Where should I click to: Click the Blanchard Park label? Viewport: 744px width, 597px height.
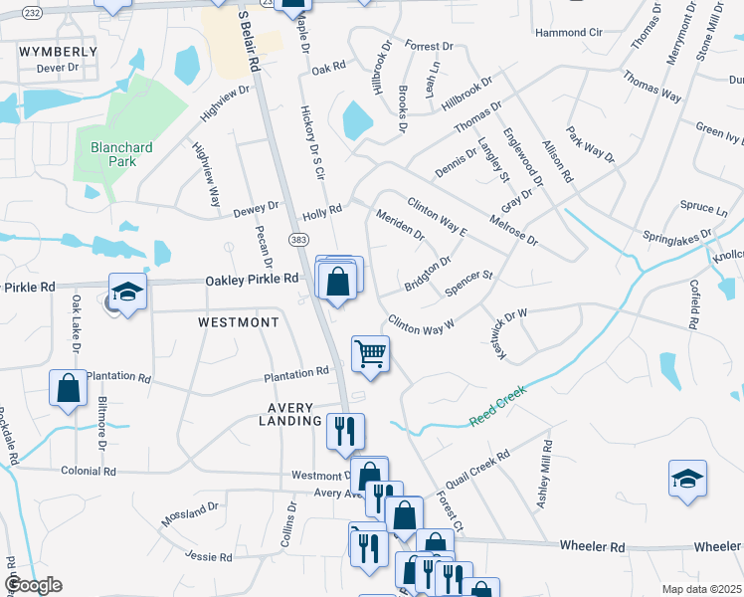pos(121,155)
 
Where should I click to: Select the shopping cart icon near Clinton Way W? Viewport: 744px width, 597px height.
pos(370,354)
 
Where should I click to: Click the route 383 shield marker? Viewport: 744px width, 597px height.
pos(298,239)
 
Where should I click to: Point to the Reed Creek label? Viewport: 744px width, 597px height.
pos(496,406)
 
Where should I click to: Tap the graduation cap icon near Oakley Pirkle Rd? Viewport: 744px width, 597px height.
pos(128,292)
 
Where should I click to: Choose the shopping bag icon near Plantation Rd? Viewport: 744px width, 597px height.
pos(68,388)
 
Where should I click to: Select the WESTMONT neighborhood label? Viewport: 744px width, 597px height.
pos(239,323)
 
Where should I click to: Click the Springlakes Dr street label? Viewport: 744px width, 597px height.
pos(678,239)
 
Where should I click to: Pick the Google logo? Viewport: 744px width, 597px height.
pos(32,584)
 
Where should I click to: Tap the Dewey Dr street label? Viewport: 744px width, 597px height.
pos(256,209)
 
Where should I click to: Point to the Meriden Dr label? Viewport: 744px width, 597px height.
pos(400,226)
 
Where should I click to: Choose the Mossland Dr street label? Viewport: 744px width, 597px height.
pos(189,514)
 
